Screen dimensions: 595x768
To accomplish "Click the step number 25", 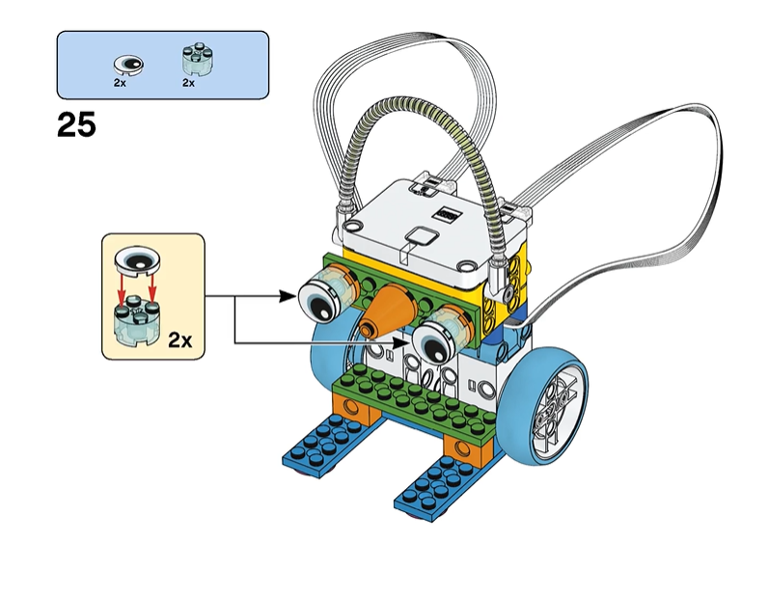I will point(77,126).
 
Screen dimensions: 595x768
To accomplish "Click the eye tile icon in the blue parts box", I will point(128,66).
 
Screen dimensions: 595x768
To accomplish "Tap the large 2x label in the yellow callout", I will point(179,339).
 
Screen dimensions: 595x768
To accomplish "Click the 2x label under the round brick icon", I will point(189,84).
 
